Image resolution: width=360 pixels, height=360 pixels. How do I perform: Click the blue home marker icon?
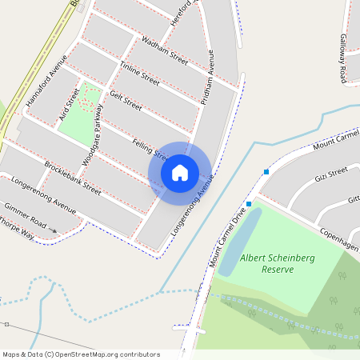tap(180, 172)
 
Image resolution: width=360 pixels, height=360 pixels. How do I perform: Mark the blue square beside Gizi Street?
tap(266, 171)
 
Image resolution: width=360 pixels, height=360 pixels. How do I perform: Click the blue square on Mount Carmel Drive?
tap(249, 204)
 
